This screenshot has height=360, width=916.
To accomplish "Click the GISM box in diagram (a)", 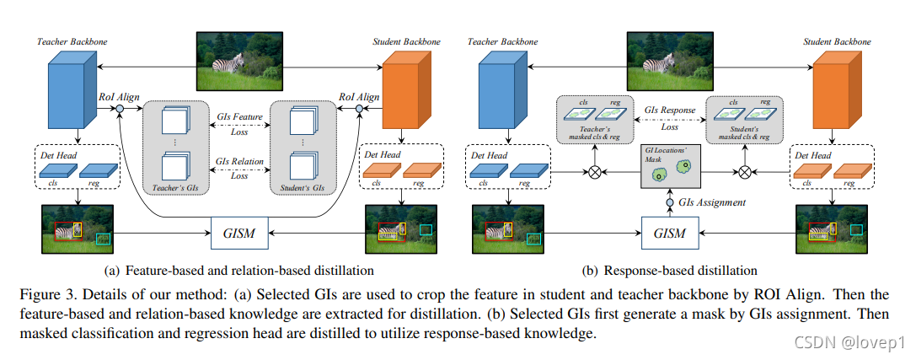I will (238, 230).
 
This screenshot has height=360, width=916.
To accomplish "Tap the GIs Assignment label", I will (714, 202).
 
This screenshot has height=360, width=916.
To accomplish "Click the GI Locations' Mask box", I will (670, 167).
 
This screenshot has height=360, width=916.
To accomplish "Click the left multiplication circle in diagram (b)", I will (596, 173).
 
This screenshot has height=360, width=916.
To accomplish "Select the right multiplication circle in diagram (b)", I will (745, 173).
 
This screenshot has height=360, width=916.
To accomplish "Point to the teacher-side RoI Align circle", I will (120, 109).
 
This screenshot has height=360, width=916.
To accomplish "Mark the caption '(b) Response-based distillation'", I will (670, 271).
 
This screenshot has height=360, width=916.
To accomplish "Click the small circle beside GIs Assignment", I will (671, 202).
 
